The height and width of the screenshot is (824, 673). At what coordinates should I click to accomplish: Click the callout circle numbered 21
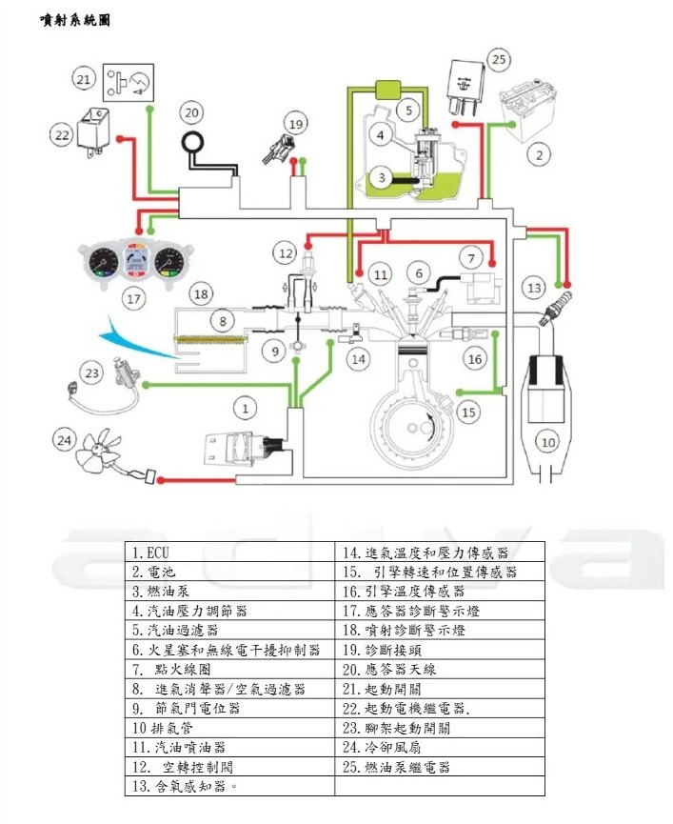coord(84,78)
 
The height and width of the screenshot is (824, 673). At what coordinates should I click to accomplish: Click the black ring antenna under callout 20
coord(196,143)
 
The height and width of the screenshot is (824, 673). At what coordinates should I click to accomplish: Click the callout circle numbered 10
coord(547,441)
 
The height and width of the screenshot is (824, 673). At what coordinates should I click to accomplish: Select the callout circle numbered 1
coord(247,408)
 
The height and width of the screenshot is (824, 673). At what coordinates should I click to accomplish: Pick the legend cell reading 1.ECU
coord(229,552)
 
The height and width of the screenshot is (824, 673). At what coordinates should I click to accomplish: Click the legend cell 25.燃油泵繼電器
coord(440,767)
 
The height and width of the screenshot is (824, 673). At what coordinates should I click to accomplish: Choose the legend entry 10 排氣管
coord(229,729)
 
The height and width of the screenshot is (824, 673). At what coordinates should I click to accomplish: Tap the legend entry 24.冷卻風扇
coord(440,748)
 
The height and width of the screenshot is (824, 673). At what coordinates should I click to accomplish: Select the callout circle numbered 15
coord(468,412)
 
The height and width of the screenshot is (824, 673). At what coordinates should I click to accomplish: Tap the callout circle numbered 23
coord(91,373)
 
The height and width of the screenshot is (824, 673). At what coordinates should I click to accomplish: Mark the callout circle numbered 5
coord(407,111)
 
